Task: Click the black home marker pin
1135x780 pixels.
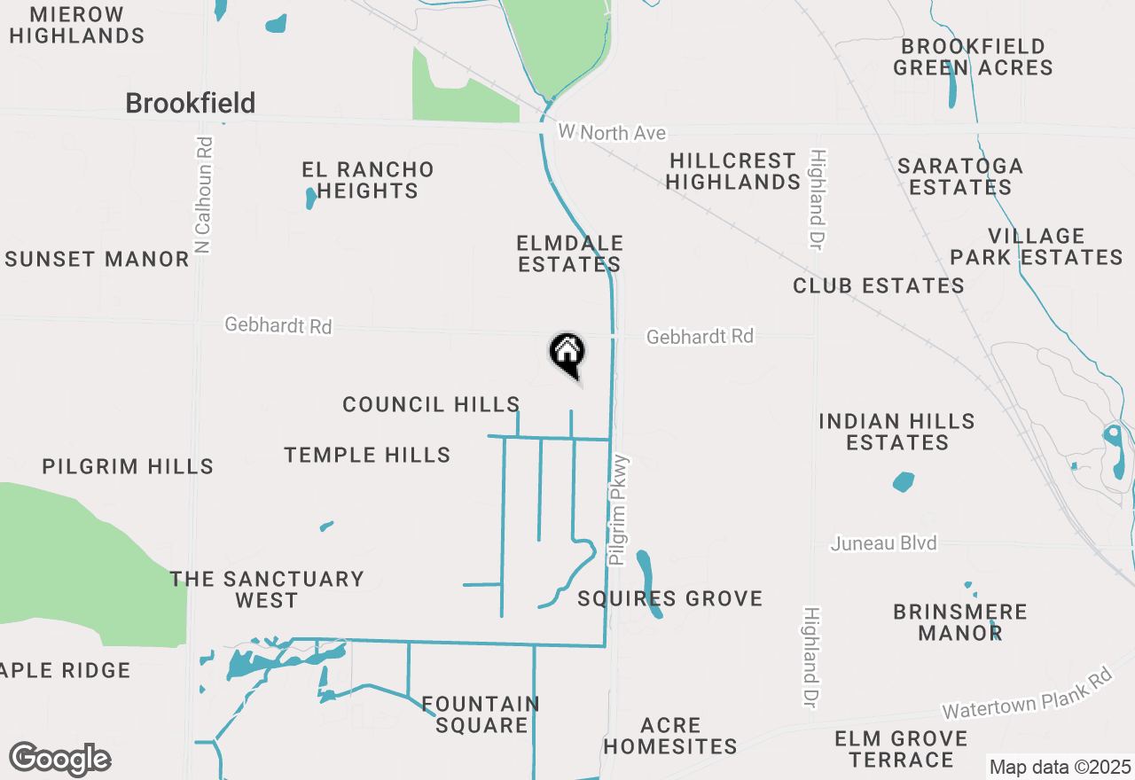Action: (x=567, y=355)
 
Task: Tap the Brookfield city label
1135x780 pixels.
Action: (x=190, y=104)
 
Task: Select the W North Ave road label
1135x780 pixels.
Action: (x=612, y=133)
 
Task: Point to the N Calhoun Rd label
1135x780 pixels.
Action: (x=203, y=195)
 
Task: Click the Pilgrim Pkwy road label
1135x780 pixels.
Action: (x=619, y=511)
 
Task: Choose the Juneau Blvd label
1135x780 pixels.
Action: (x=883, y=543)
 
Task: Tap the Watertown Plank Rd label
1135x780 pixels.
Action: (x=1027, y=694)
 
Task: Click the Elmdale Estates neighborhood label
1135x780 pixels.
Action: (x=569, y=253)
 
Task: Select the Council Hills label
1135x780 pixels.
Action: (x=431, y=405)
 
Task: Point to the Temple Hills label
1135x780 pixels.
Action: (x=367, y=456)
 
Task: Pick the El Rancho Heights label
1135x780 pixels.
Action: (x=367, y=180)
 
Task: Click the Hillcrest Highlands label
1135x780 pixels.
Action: (x=733, y=171)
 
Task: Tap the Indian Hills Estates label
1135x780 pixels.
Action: (x=896, y=432)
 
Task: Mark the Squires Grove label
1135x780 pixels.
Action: (x=670, y=599)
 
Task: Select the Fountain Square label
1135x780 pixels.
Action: (x=481, y=714)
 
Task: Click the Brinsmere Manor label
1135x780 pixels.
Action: (x=959, y=622)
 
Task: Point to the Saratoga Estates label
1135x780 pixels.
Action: (x=960, y=176)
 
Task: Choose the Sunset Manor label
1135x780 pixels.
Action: (x=98, y=260)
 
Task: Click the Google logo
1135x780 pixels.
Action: (x=59, y=760)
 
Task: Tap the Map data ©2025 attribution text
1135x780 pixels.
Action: (x=1060, y=767)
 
